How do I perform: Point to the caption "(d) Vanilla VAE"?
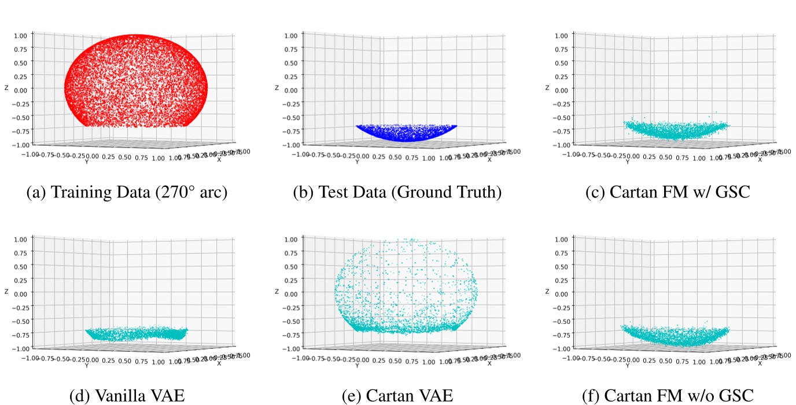click(127, 396)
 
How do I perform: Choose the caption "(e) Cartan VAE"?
click(397, 396)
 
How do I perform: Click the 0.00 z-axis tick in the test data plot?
click(292, 90)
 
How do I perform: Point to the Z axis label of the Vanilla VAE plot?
click(6, 292)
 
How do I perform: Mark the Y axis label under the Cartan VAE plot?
click(357, 366)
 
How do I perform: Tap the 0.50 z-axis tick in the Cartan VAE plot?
click(292, 266)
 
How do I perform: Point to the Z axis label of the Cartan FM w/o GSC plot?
click(547, 292)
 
